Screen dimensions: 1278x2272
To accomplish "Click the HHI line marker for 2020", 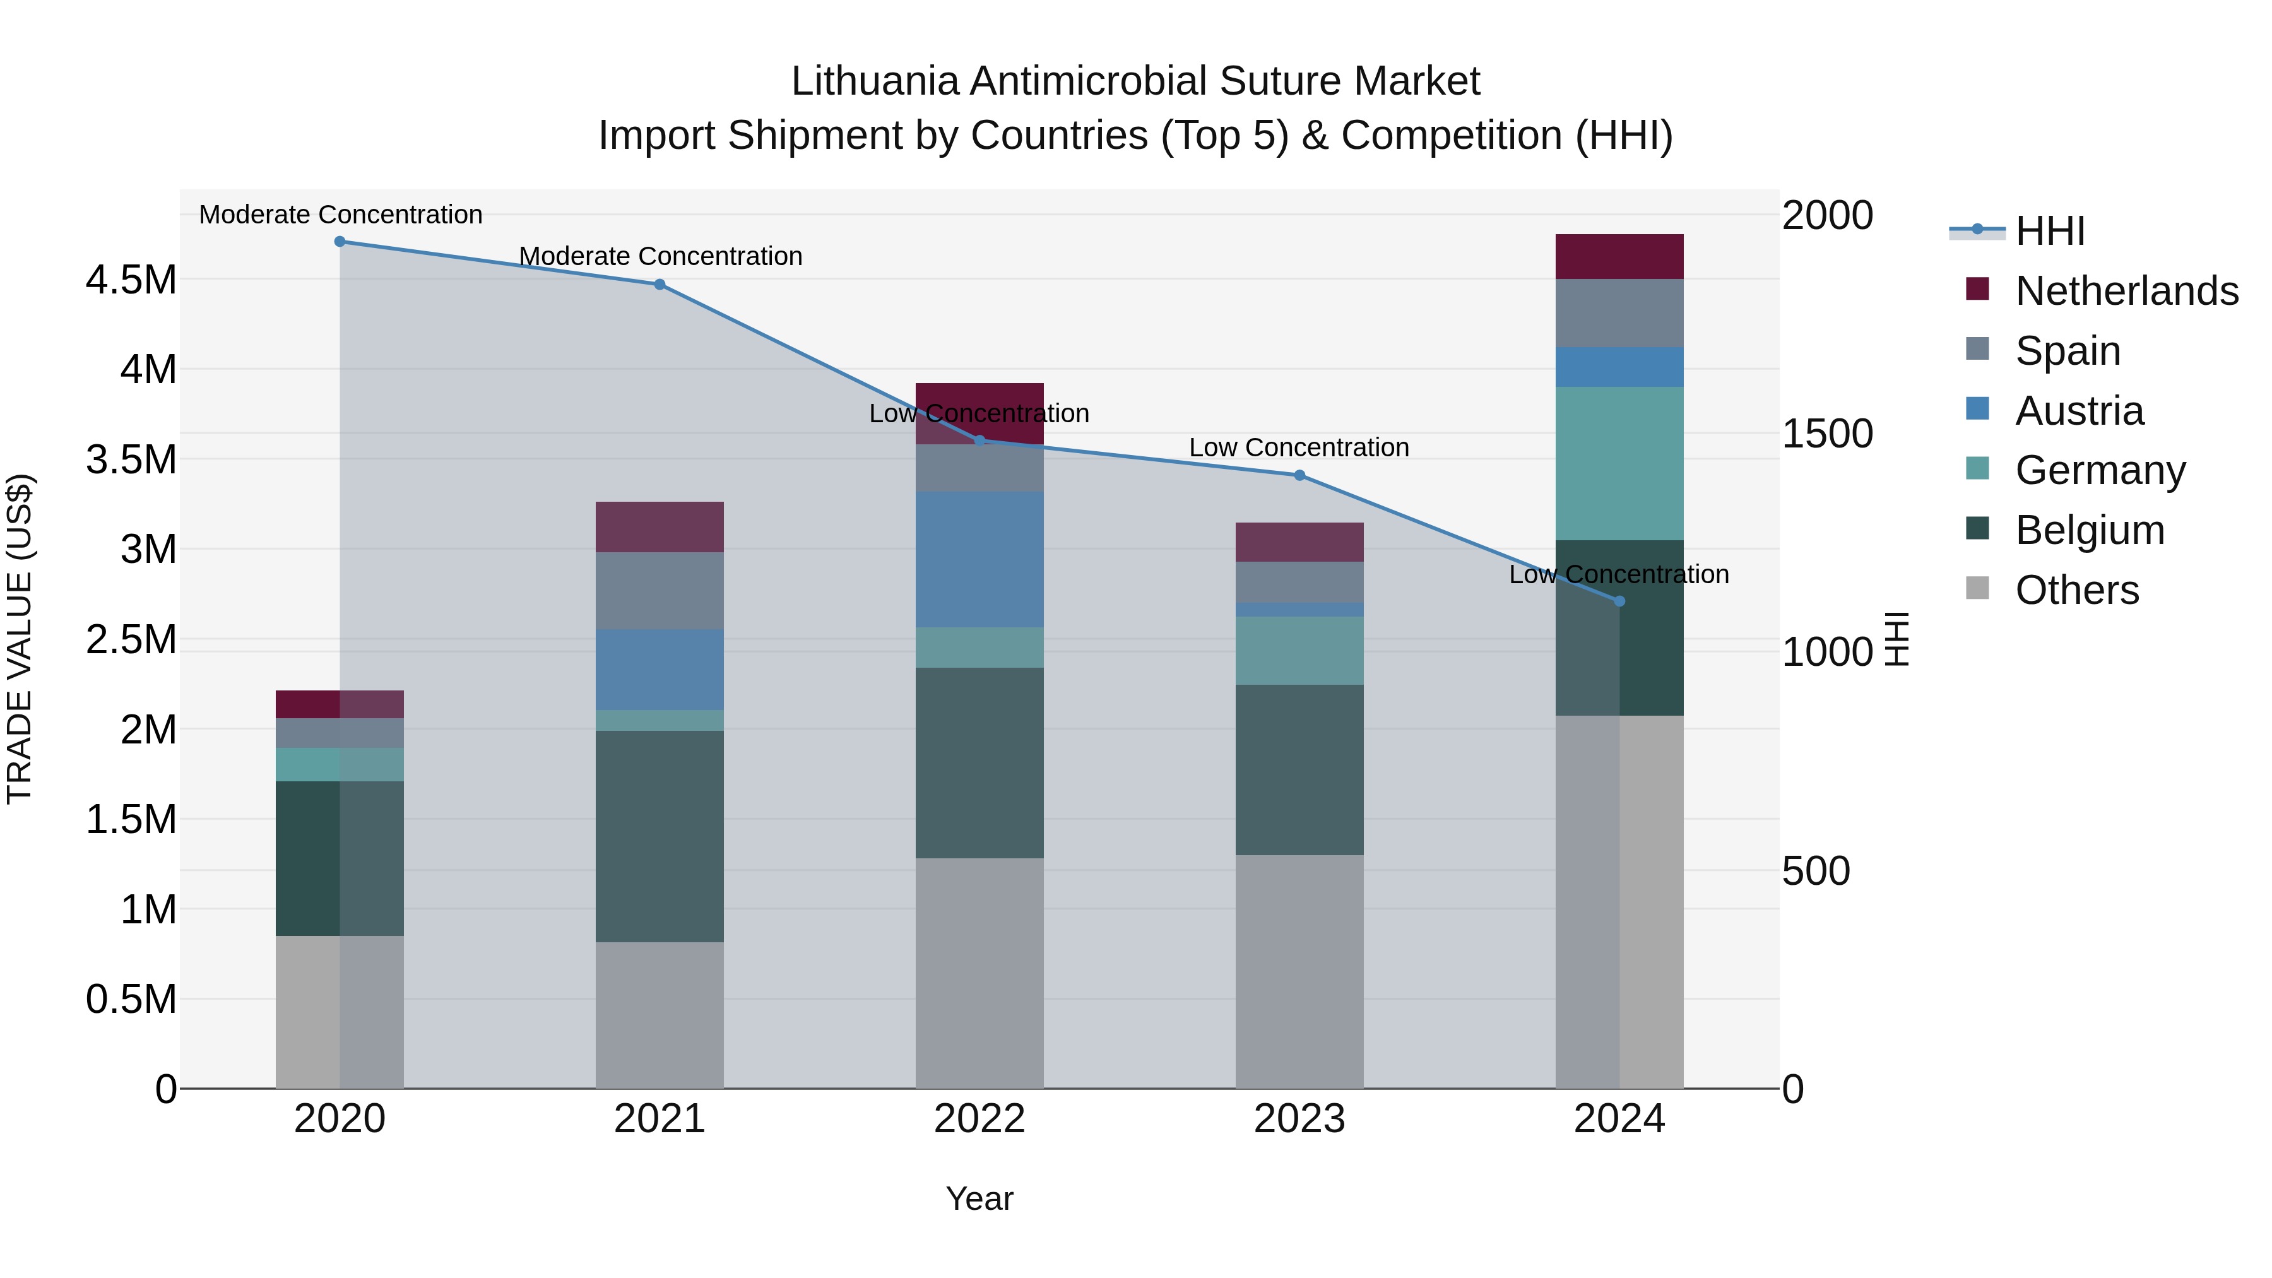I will [x=340, y=242].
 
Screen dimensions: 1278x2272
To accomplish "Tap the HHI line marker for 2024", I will [x=1619, y=601].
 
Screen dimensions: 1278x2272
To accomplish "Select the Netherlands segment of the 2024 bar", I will [x=1619, y=257].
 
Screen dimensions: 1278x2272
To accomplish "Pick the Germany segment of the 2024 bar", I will [x=1619, y=463].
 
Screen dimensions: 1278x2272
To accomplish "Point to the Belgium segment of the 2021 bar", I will [x=660, y=836].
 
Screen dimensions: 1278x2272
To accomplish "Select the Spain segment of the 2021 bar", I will [x=660, y=591].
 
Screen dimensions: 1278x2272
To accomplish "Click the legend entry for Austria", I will [x=2079, y=411].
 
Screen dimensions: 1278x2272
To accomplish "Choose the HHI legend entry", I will [x=2050, y=231].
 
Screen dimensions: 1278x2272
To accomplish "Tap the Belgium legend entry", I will [x=2090, y=530].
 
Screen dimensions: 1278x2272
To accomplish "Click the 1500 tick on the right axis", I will [x=1826, y=434].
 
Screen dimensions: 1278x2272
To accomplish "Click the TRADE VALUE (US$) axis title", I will [x=20, y=639].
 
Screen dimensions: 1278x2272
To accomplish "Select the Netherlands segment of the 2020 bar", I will [x=340, y=705].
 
